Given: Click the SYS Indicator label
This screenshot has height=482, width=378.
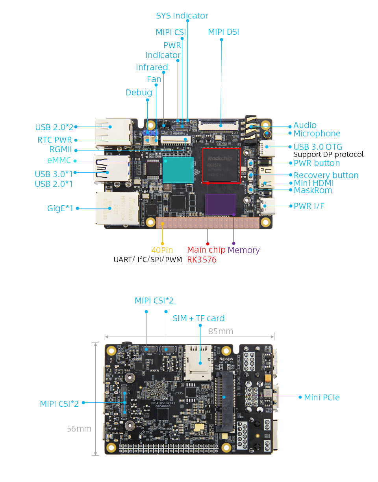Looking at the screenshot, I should [182, 16].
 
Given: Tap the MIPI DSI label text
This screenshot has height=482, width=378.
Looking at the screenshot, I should [223, 32].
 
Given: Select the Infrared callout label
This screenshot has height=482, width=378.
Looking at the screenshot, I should [152, 67].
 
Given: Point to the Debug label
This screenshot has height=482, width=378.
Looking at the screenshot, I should [139, 93].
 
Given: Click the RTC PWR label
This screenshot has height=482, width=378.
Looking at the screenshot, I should [55, 140].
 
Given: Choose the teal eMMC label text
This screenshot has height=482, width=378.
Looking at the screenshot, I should [59, 160].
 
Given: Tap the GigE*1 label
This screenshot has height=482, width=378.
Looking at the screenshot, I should [60, 208].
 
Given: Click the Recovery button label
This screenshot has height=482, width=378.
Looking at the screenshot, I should [326, 175].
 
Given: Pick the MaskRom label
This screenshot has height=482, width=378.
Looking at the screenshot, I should [313, 190].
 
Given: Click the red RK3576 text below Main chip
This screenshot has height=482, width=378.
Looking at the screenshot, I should [202, 260].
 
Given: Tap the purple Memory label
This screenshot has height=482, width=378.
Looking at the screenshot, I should [243, 250].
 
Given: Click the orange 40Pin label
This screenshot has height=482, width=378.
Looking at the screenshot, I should [162, 250].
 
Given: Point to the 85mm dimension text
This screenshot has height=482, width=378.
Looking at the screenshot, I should [220, 331].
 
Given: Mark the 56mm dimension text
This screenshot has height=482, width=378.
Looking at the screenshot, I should [79, 428].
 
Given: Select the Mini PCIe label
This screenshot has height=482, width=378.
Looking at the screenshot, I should [322, 397].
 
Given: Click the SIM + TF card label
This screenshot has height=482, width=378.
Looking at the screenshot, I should [198, 318].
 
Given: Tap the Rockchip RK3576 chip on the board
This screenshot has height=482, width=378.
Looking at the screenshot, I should [221, 165].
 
